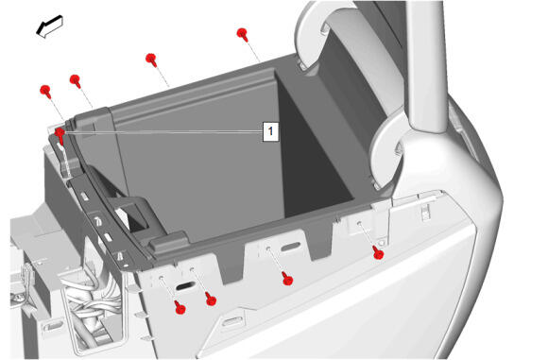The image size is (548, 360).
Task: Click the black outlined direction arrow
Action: [x=50, y=26]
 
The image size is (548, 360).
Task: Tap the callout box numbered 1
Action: [x=270, y=131]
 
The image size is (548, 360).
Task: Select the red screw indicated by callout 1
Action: [x=60, y=135]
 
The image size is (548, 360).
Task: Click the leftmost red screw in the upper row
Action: [x=45, y=92]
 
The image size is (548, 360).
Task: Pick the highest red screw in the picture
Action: [x=242, y=35]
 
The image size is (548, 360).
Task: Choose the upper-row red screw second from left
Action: [x=76, y=80]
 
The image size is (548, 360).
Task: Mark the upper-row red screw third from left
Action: [x=151, y=60]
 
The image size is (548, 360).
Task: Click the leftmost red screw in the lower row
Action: [x=180, y=308]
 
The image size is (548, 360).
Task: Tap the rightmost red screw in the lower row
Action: [x=378, y=252]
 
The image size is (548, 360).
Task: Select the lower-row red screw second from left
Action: [x=211, y=299]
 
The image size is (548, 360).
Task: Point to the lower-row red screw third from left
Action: [x=287, y=278]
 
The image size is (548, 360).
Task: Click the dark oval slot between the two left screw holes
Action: [x=185, y=286]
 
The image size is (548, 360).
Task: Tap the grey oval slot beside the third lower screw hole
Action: [x=291, y=247]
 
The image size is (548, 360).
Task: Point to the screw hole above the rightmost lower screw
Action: [x=359, y=223]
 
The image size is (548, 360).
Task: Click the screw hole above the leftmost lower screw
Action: [x=162, y=278]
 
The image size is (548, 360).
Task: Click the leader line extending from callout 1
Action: [x=163, y=131]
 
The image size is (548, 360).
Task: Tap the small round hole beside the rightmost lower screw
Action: [x=382, y=242]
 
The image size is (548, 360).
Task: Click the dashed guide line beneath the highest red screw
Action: [x=254, y=52]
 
